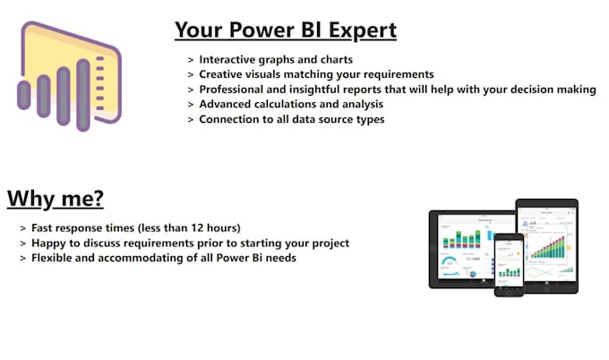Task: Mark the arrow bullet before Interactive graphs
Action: [191, 59]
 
